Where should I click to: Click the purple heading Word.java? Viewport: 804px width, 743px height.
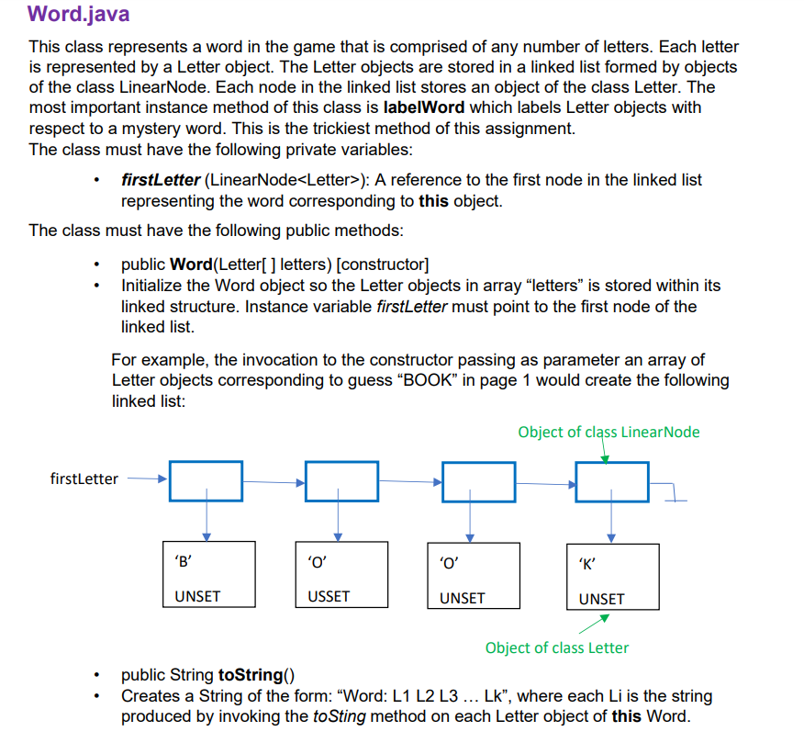click(78, 15)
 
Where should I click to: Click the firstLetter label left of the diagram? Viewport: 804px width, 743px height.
click(84, 478)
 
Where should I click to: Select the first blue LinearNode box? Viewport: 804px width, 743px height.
click(207, 481)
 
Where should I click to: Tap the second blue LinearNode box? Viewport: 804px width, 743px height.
click(341, 481)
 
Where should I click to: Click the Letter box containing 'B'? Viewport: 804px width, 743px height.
click(207, 575)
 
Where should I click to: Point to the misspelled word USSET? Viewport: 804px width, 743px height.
click(329, 597)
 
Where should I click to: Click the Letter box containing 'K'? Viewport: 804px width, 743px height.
click(612, 577)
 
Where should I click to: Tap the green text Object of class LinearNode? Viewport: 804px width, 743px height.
click(609, 432)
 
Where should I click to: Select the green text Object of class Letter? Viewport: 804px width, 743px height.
click(557, 647)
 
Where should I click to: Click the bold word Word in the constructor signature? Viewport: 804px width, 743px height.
click(191, 265)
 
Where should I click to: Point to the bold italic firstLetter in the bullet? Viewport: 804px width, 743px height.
click(160, 180)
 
